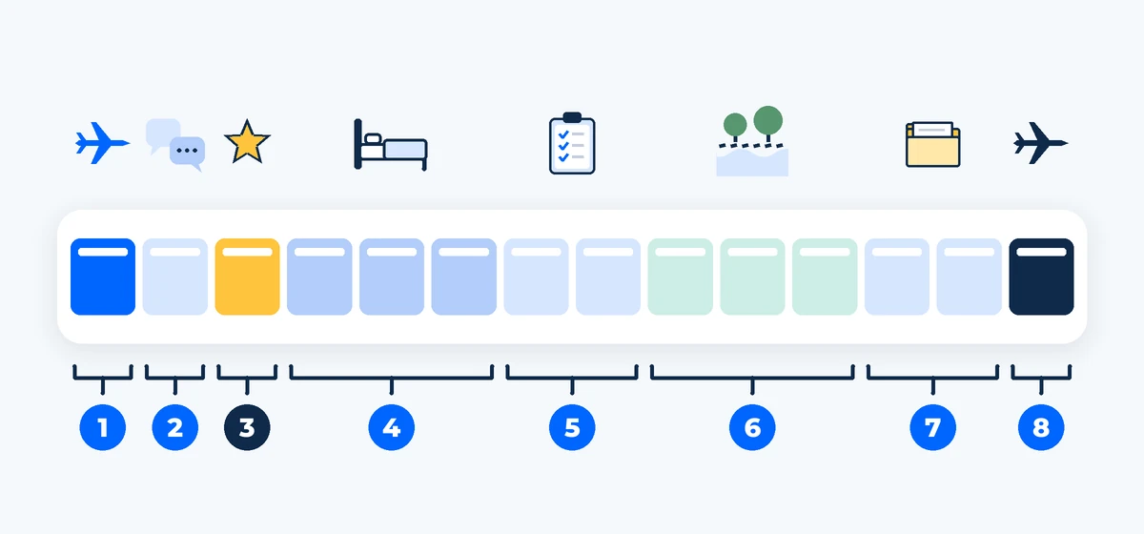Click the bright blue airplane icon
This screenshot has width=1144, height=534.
tap(101, 143)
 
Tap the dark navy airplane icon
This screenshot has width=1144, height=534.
tap(1040, 143)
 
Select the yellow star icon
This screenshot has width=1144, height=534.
tap(247, 142)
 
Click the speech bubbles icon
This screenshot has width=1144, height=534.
tap(175, 145)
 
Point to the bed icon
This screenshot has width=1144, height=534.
tap(391, 145)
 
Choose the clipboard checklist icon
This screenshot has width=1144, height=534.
tap(572, 143)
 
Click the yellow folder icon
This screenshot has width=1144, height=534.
tap(932, 144)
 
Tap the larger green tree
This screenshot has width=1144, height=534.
tap(767, 123)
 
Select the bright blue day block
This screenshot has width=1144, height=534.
tap(103, 277)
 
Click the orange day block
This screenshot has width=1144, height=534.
tap(247, 277)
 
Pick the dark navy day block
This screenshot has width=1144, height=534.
tap(1041, 277)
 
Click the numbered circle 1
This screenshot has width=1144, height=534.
tap(103, 427)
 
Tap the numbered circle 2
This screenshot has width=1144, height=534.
tap(175, 427)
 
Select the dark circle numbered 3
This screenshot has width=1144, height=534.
tap(247, 427)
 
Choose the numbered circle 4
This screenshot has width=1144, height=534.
tap(392, 427)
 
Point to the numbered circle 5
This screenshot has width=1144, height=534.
tap(572, 427)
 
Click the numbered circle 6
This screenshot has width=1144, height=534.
tap(752, 427)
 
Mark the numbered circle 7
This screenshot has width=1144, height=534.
tap(933, 427)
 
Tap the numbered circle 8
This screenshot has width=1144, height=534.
tap(1041, 427)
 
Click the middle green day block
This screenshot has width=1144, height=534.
tap(752, 277)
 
